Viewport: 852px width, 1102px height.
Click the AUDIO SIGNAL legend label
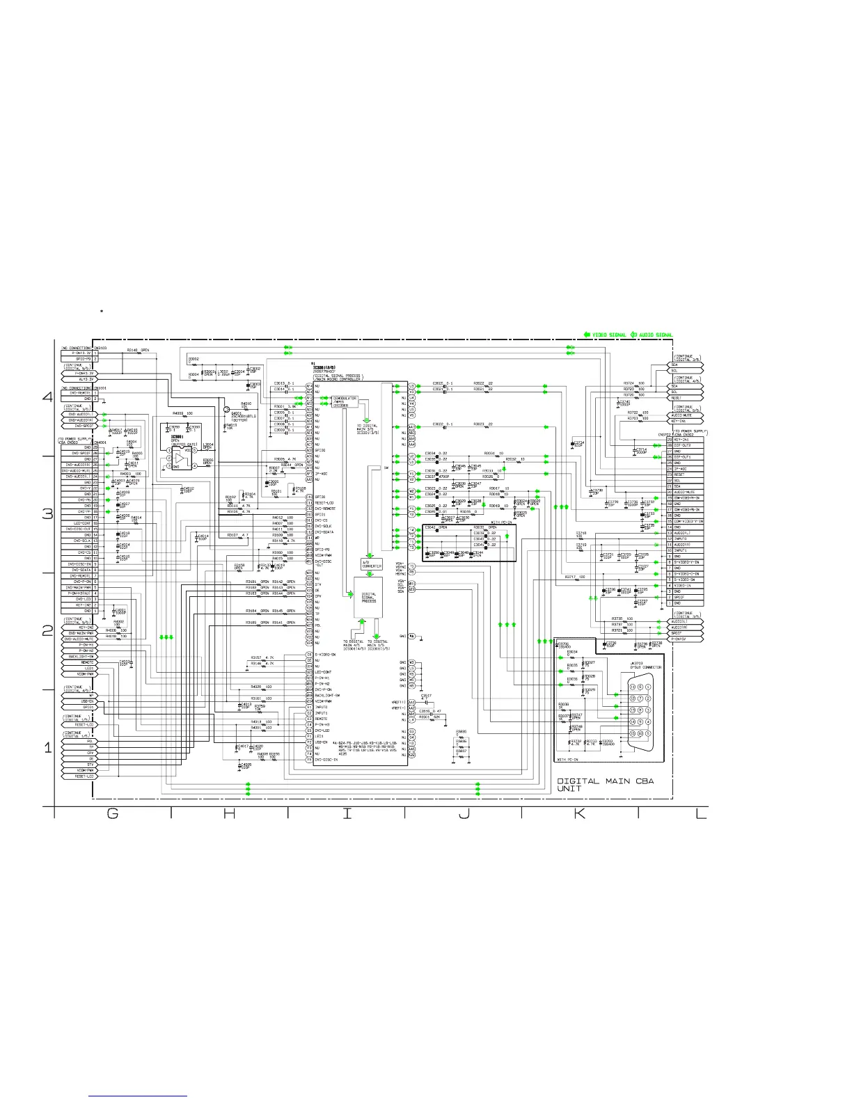[655, 335]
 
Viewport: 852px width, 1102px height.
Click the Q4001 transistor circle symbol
[226, 409]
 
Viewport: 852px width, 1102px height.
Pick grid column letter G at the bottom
[113, 815]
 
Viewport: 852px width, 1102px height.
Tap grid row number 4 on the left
[48, 398]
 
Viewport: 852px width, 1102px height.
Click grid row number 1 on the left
[48, 749]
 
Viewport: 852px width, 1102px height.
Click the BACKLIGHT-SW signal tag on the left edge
[78, 656]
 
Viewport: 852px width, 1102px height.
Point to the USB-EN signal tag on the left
[78, 701]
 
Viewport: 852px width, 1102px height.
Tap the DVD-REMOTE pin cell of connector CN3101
[77, 393]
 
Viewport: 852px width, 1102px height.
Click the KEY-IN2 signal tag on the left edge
[78, 627]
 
